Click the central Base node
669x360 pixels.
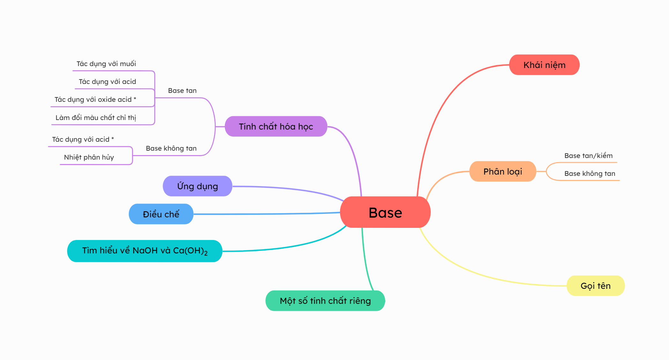coord(385,212)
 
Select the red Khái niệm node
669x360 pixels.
coord(544,65)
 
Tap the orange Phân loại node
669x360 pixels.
coord(502,171)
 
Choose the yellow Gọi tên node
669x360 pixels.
coord(595,286)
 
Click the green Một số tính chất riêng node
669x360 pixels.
coord(325,301)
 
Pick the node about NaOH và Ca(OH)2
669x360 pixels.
coord(145,251)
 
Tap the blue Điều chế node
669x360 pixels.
coord(161,214)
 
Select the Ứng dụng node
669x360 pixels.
coord(197,186)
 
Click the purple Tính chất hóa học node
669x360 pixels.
coord(276,126)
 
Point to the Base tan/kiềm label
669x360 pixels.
coord(588,156)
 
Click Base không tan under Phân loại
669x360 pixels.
coord(590,174)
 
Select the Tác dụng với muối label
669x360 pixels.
coord(106,64)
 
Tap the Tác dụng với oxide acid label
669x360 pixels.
coord(95,100)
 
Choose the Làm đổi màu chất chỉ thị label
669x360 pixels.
coord(96,118)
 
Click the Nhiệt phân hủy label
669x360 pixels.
coord(89,157)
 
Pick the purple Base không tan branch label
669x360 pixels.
coord(171,148)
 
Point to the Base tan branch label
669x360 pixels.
coord(182,91)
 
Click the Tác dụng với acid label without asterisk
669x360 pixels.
coord(107,82)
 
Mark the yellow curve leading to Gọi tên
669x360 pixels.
coord(479,272)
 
